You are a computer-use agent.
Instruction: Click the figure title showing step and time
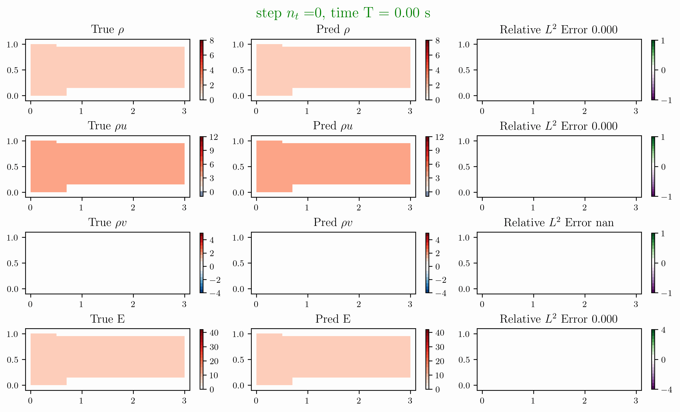tap(343, 13)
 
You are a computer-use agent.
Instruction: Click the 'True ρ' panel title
tap(107, 29)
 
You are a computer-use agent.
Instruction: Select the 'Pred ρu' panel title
tap(333, 126)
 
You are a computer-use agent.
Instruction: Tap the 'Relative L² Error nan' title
tap(559, 222)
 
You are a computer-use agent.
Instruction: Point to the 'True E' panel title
tap(107, 319)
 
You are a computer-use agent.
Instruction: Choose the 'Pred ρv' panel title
tap(333, 222)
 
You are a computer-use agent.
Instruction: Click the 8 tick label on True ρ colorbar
tap(212, 41)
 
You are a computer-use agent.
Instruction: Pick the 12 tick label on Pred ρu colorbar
tap(439, 137)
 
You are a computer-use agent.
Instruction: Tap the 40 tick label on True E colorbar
tap(214, 333)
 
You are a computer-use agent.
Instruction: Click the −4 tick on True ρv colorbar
tap(215, 293)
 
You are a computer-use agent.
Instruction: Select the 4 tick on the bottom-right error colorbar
tap(664, 330)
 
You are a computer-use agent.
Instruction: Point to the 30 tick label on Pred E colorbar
tap(440, 347)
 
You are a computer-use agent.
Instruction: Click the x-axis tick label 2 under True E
tap(133, 401)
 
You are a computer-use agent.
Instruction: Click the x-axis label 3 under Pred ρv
tap(410, 304)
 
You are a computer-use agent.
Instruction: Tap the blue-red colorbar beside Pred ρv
tap(428, 263)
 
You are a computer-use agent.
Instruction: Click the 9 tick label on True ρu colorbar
tap(212, 151)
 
